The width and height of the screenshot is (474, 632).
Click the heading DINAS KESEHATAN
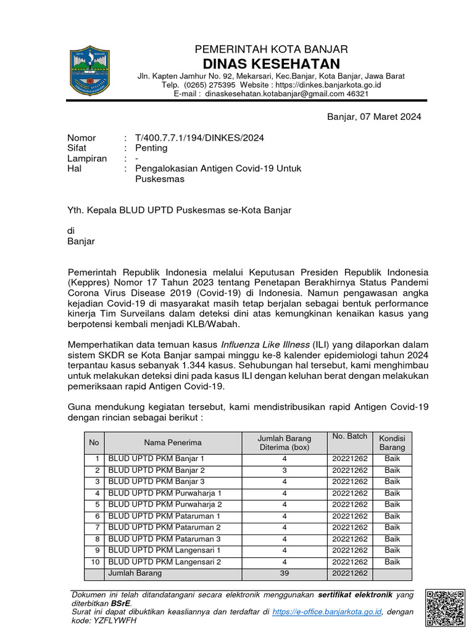(272, 64)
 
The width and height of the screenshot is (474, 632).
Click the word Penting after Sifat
(151, 148)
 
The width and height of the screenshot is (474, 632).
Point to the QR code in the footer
(445, 608)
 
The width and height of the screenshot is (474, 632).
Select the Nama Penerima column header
(172, 443)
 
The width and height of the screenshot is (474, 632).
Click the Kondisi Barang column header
(392, 442)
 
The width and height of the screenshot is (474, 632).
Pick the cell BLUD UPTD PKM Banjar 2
(156, 470)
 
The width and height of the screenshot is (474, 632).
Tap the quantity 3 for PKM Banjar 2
(284, 470)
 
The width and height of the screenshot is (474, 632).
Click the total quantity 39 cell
(284, 573)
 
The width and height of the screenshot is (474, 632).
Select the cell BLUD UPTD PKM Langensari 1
(164, 550)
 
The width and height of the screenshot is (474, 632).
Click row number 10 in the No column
(94, 562)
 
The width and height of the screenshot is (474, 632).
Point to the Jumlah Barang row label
(135, 573)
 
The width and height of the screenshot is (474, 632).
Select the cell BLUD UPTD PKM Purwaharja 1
(165, 493)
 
